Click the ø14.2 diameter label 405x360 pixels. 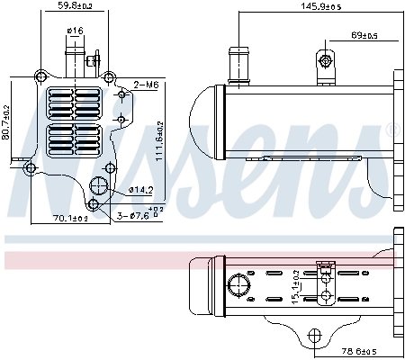click(141, 190)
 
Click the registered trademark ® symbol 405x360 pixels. click(392, 130)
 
